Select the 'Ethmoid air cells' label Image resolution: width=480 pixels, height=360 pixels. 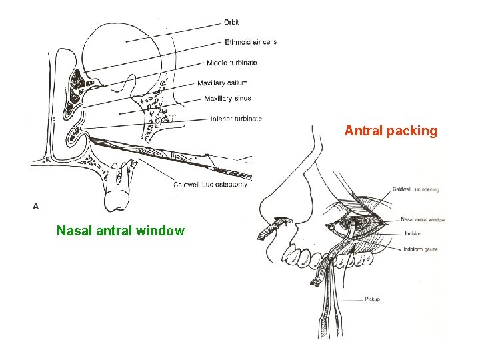[x=250, y=42]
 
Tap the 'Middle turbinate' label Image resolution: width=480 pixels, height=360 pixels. [x=231, y=63]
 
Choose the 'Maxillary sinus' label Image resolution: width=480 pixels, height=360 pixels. [x=227, y=99]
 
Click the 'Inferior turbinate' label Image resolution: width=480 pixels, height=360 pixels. [x=236, y=119]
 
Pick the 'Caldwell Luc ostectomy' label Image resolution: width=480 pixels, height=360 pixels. [x=210, y=185]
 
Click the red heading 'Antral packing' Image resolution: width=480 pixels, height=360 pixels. [x=391, y=131]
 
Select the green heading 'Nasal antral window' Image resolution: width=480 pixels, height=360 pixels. [x=121, y=231]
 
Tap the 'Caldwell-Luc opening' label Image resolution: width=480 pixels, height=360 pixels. [x=415, y=189]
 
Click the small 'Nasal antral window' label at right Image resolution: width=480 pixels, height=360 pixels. [x=423, y=219]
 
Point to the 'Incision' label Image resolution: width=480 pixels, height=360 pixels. [x=412, y=234]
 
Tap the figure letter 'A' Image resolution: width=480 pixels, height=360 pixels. [x=36, y=206]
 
